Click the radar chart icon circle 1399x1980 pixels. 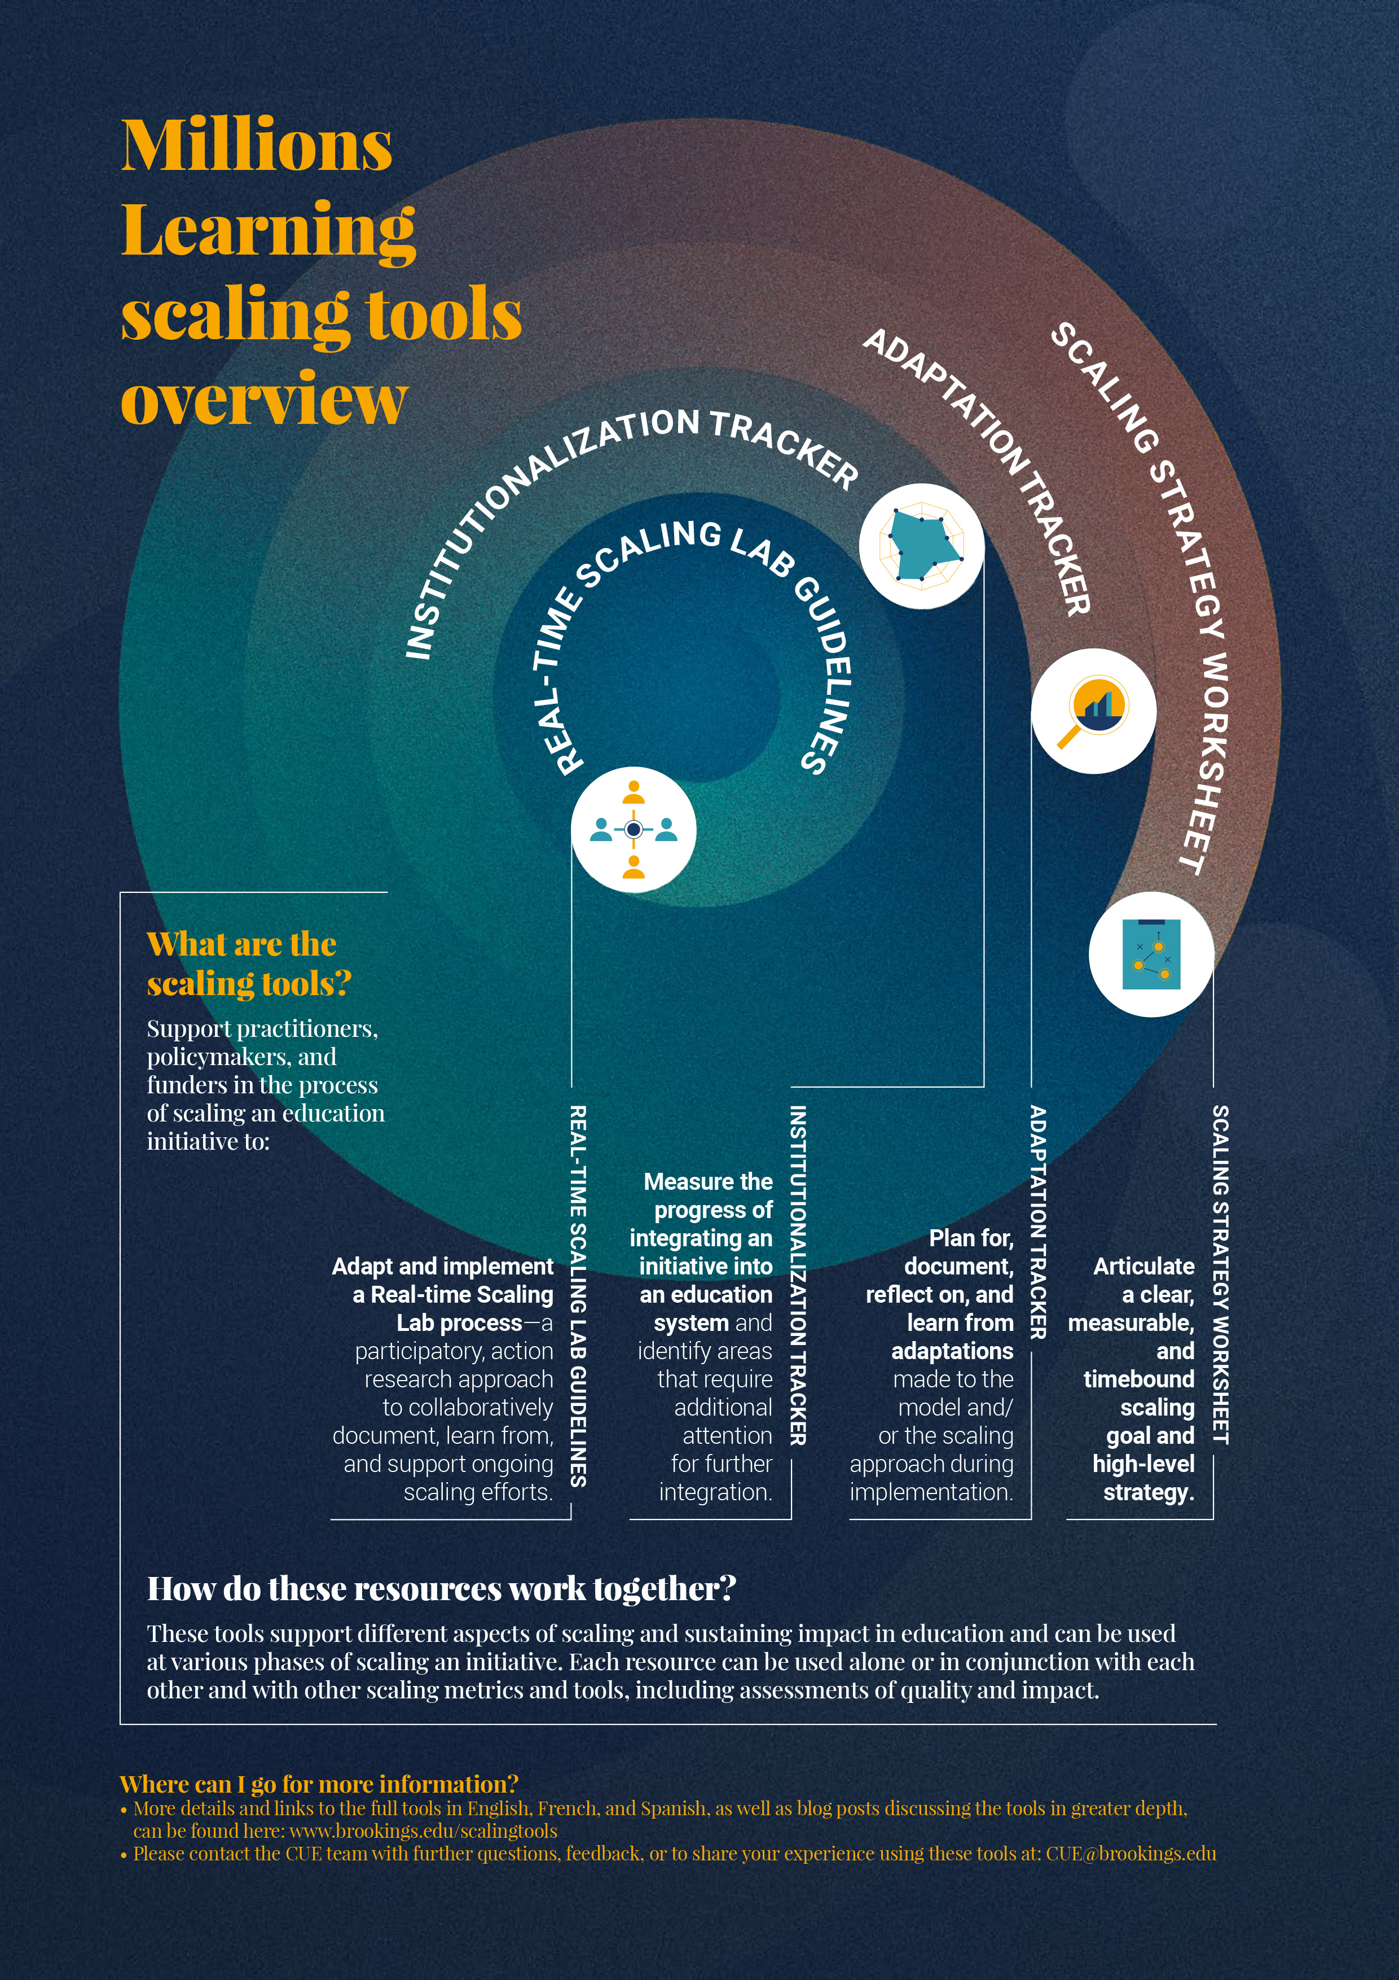pyautogui.click(x=921, y=546)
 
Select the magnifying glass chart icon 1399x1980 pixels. pyautogui.click(x=1094, y=711)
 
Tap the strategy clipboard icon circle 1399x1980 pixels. pyautogui.click(x=1151, y=954)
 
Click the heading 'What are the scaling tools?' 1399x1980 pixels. pyautogui.click(x=248, y=963)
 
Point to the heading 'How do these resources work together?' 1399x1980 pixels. pyautogui.click(x=441, y=1588)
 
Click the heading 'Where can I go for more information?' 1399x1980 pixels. pyautogui.click(x=319, y=1784)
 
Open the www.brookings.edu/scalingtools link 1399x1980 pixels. pyautogui.click(x=423, y=1831)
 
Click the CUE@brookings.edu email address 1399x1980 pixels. pyautogui.click(x=1131, y=1853)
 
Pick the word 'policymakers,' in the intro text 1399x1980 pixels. pyautogui.click(x=241, y=1057)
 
